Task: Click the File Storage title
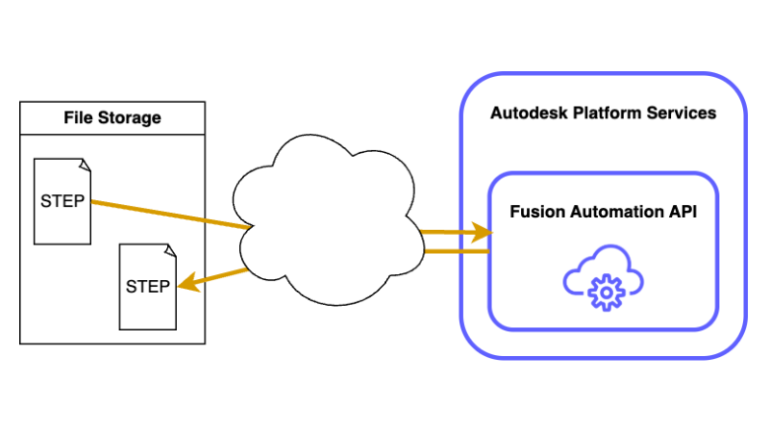click(x=112, y=118)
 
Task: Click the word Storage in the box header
click(x=134, y=118)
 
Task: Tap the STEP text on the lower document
click(x=148, y=286)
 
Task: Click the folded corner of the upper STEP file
click(x=85, y=165)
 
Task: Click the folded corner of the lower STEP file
click(x=170, y=249)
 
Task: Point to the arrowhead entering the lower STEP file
click(x=187, y=283)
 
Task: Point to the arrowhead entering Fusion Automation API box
click(x=484, y=232)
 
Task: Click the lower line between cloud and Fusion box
click(x=457, y=251)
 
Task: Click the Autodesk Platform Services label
click(x=603, y=113)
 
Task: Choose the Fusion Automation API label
click(x=603, y=211)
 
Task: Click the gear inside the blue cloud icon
click(x=605, y=290)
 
